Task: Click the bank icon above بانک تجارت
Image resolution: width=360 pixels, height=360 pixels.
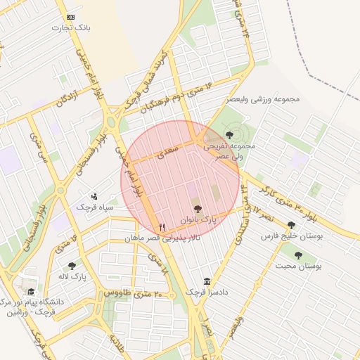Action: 70,17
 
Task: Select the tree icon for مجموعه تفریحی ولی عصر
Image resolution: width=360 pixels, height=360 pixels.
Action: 229,134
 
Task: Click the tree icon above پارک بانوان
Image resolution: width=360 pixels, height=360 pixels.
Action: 198,209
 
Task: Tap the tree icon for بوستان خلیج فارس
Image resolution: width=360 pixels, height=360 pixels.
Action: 291,225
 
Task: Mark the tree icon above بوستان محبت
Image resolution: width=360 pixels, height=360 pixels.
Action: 298,255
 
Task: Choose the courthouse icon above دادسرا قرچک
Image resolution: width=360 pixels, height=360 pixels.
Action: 207,281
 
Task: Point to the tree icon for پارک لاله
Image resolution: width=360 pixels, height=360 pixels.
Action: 72,266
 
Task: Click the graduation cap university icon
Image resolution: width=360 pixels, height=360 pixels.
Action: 30,291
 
